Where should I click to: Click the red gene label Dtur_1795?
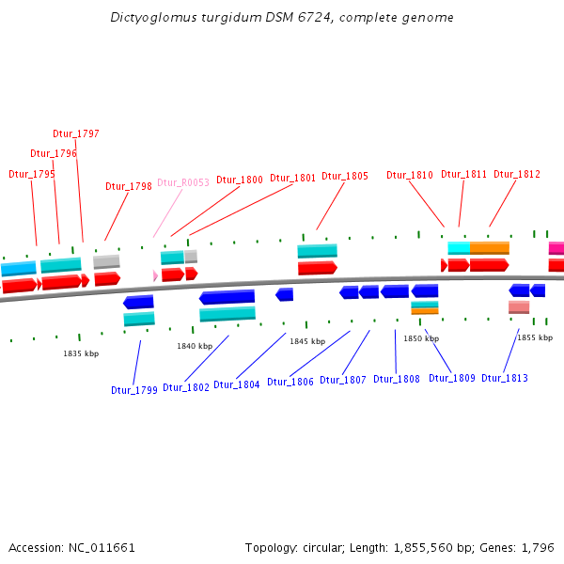[32, 174]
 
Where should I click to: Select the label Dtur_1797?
[76, 134]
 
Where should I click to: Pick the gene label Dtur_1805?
[345, 176]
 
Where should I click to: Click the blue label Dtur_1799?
[134, 390]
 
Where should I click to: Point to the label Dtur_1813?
[505, 379]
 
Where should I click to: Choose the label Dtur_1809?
[452, 378]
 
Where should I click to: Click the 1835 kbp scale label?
[81, 353]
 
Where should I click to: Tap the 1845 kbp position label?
[307, 341]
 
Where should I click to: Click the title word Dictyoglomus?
[149, 18]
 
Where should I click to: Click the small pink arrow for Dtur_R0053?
[155, 275]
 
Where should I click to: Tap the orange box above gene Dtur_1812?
[489, 248]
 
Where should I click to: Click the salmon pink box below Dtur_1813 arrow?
[519, 307]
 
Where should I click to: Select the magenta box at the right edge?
[556, 249]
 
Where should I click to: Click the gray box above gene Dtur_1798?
[106, 261]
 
